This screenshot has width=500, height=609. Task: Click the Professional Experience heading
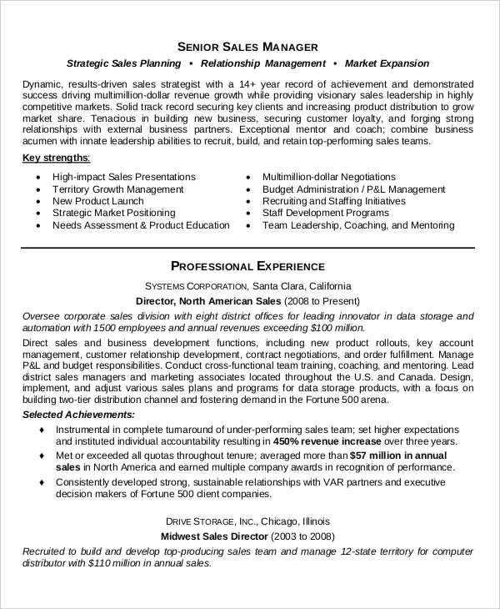(x=247, y=266)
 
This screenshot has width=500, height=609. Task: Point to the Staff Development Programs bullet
(x=325, y=213)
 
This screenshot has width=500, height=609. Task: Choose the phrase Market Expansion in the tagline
(x=387, y=63)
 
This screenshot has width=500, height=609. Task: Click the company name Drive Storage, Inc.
(x=222, y=519)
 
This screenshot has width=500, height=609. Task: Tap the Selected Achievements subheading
(x=77, y=415)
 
